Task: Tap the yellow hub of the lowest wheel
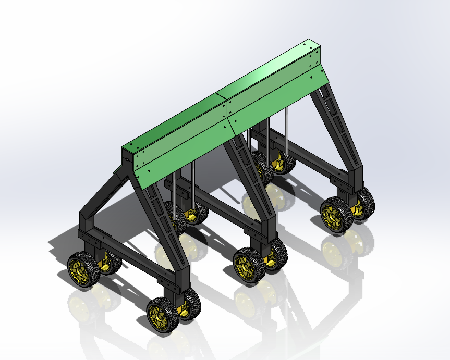[158, 315]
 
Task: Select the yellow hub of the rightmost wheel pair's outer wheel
[331, 215]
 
